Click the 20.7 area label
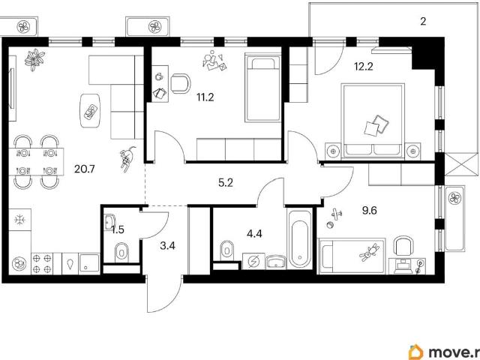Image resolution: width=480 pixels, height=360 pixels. [x=85, y=169]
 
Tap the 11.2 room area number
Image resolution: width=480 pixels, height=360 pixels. [x=205, y=97]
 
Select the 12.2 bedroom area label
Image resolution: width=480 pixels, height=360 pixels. [x=364, y=66]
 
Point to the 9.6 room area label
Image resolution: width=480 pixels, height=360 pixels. [x=369, y=211]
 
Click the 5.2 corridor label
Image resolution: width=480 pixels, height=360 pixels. [x=226, y=183]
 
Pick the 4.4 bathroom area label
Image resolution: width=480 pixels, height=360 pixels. [x=254, y=234]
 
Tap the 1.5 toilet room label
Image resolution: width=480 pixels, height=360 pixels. [x=118, y=229]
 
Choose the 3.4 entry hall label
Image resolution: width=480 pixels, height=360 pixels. [x=167, y=245]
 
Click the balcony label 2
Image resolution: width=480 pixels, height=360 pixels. [x=423, y=22]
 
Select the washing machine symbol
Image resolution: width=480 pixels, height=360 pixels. [x=253, y=261]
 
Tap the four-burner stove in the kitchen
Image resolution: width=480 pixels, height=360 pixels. [x=42, y=263]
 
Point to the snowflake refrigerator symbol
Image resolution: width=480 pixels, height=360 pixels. [x=20, y=220]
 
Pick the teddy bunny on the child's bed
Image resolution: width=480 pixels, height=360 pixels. [x=370, y=253]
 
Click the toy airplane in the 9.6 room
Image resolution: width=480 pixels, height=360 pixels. [x=337, y=214]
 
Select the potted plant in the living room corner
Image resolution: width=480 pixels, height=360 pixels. [x=34, y=59]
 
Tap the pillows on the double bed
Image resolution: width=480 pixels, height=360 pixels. [x=376, y=125]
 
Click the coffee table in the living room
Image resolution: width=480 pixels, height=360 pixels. [x=90, y=111]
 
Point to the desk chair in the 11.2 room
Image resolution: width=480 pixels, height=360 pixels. [x=181, y=83]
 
